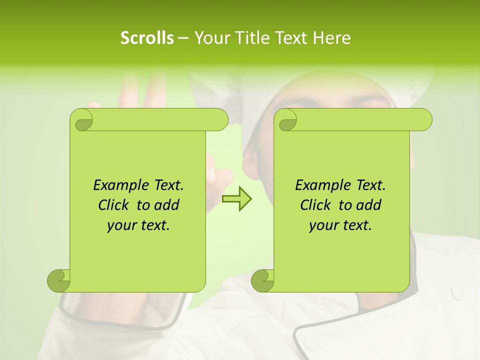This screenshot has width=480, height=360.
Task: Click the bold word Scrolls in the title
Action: tap(147, 38)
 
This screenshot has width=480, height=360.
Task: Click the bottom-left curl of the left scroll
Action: tap(58, 280)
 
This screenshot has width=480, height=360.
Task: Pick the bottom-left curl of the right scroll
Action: tap(262, 280)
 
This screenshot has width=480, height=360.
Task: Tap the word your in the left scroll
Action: tap(120, 225)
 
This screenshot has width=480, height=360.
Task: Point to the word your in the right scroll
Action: tap(322, 225)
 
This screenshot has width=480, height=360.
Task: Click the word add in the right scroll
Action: tap(369, 205)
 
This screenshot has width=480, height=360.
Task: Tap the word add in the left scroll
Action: tap(167, 205)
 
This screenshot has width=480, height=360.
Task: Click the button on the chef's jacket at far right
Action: tap(458, 293)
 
